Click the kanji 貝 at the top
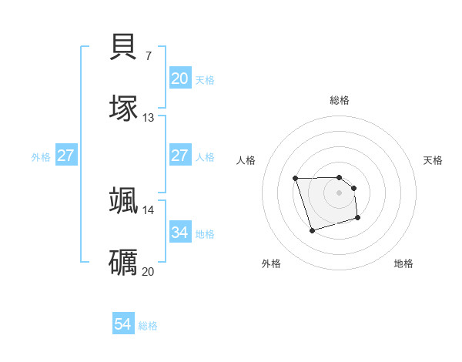click(x=124, y=47)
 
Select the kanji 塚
click(x=124, y=109)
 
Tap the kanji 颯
click(x=124, y=201)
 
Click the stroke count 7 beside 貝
click(x=148, y=55)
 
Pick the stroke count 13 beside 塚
click(x=149, y=118)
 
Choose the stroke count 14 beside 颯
click(x=149, y=209)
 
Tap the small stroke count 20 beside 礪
click(x=149, y=271)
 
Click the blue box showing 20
click(x=180, y=79)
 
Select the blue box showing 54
click(x=123, y=324)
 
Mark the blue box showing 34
click(x=180, y=232)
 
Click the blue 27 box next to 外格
click(x=66, y=156)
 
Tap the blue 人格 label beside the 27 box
click(x=205, y=157)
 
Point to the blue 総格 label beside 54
click(x=148, y=326)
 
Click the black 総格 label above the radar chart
click(x=340, y=100)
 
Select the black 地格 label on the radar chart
click(x=403, y=263)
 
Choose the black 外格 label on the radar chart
click(x=271, y=263)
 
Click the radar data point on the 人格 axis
click(x=295, y=179)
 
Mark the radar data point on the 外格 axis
click(x=311, y=230)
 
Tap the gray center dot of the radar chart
click(x=340, y=193)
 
